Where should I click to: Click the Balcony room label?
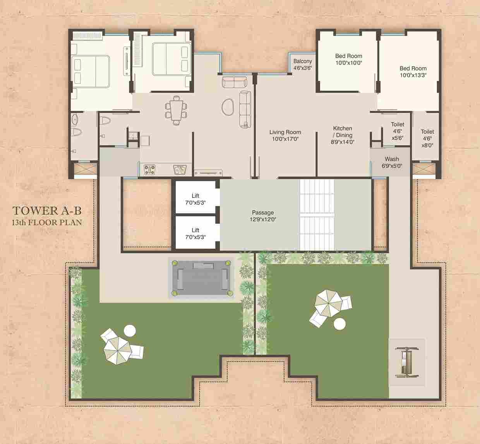click(x=303, y=65)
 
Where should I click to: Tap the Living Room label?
click(x=285, y=135)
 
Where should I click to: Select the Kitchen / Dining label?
click(x=343, y=135)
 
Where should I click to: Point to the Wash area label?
click(x=392, y=163)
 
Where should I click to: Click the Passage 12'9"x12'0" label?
click(x=263, y=216)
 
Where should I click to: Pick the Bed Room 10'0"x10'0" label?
click(x=348, y=59)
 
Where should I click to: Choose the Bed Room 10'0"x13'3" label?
click(x=413, y=72)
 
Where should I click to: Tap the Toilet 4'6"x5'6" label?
click(x=398, y=131)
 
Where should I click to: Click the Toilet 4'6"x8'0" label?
click(x=427, y=139)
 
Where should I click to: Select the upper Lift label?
click(x=195, y=199)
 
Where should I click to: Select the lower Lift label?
click(x=195, y=233)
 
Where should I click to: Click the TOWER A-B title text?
click(x=47, y=211)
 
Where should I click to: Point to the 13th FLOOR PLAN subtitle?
click(x=47, y=222)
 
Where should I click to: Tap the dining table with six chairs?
click(x=176, y=110)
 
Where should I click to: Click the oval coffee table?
click(x=228, y=107)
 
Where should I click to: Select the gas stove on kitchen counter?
click(x=149, y=170)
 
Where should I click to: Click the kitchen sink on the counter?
click(x=180, y=169)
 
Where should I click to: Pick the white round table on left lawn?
click(x=130, y=330)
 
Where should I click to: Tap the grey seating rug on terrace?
click(x=201, y=278)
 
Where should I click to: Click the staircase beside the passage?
click(x=317, y=215)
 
